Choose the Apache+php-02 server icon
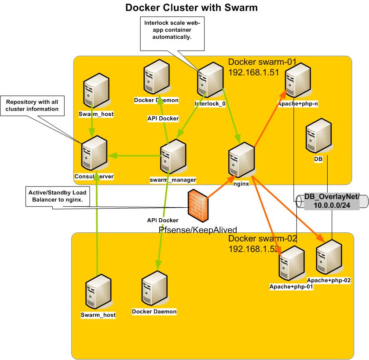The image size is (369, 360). [329, 259]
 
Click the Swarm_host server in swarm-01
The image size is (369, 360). [96, 93]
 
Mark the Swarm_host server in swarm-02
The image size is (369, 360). [98, 295]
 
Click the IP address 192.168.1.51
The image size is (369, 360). [254, 73]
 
